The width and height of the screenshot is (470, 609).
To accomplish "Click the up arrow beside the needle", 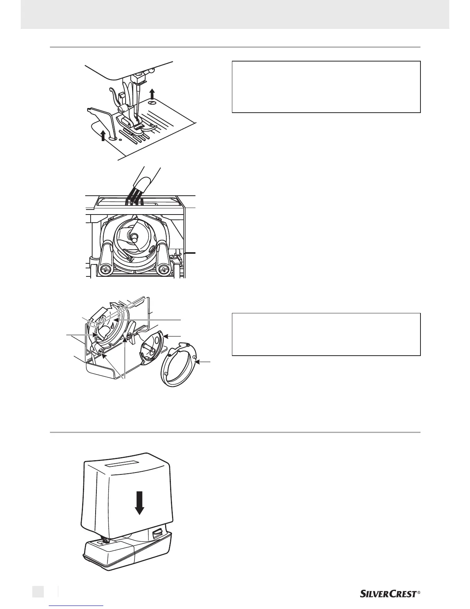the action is tap(152, 94).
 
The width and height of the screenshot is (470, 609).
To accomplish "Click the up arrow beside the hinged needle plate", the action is tap(103, 135).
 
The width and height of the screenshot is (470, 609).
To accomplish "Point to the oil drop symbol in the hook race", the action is tap(112, 325).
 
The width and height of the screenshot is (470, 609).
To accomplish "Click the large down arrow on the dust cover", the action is tap(139, 503).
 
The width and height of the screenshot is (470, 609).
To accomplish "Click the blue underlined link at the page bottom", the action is tap(76, 606).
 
